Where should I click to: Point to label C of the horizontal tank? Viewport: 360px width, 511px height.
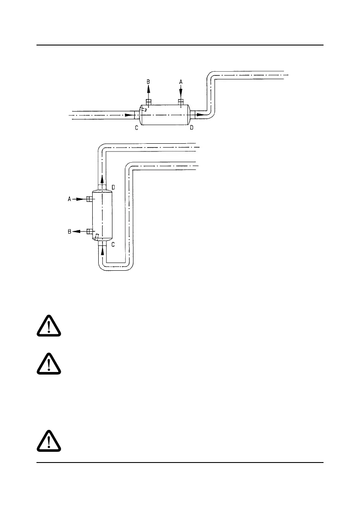(136, 127)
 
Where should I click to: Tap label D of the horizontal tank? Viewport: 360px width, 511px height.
(191, 127)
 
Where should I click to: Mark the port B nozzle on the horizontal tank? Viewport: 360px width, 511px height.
(149, 102)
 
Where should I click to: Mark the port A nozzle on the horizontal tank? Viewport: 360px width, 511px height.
(181, 102)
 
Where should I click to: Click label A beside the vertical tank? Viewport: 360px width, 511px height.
(69, 199)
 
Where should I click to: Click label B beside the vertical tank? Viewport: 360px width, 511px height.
(69, 231)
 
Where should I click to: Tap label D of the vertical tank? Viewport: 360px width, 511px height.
(113, 187)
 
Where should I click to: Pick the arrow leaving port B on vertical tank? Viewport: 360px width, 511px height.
(79, 231)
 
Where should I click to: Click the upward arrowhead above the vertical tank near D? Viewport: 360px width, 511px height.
(103, 179)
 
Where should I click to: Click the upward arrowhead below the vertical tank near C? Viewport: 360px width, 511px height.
(103, 252)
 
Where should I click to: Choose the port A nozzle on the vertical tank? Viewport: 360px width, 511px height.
(90, 199)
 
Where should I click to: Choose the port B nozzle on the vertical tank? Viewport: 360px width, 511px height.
(90, 231)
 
